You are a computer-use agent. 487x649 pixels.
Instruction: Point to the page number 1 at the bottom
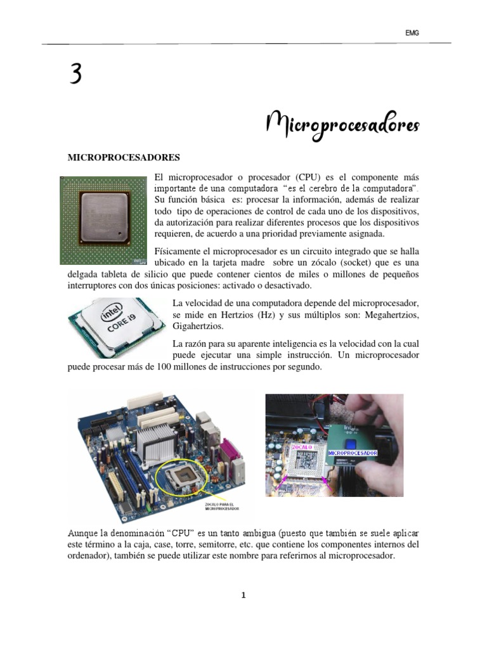[243, 595]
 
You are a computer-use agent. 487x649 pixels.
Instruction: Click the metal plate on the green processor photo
[106, 217]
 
